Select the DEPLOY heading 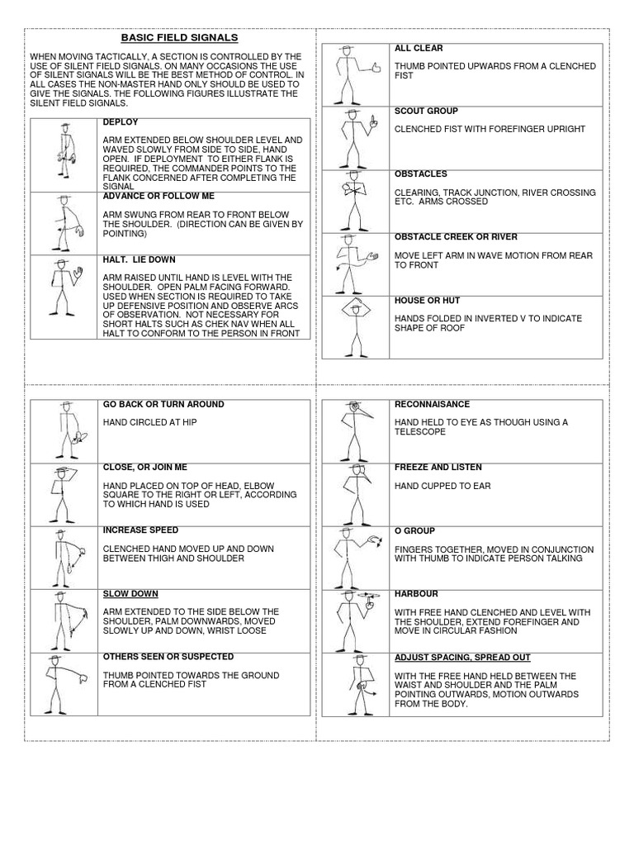[120, 122]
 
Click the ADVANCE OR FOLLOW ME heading [158, 196]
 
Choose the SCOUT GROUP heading [426, 111]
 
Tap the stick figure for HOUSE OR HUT [355, 326]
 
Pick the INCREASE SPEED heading [140, 530]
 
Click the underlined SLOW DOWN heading [130, 594]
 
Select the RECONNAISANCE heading [432, 405]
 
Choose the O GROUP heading [414, 530]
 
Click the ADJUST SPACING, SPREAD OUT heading [462, 658]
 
